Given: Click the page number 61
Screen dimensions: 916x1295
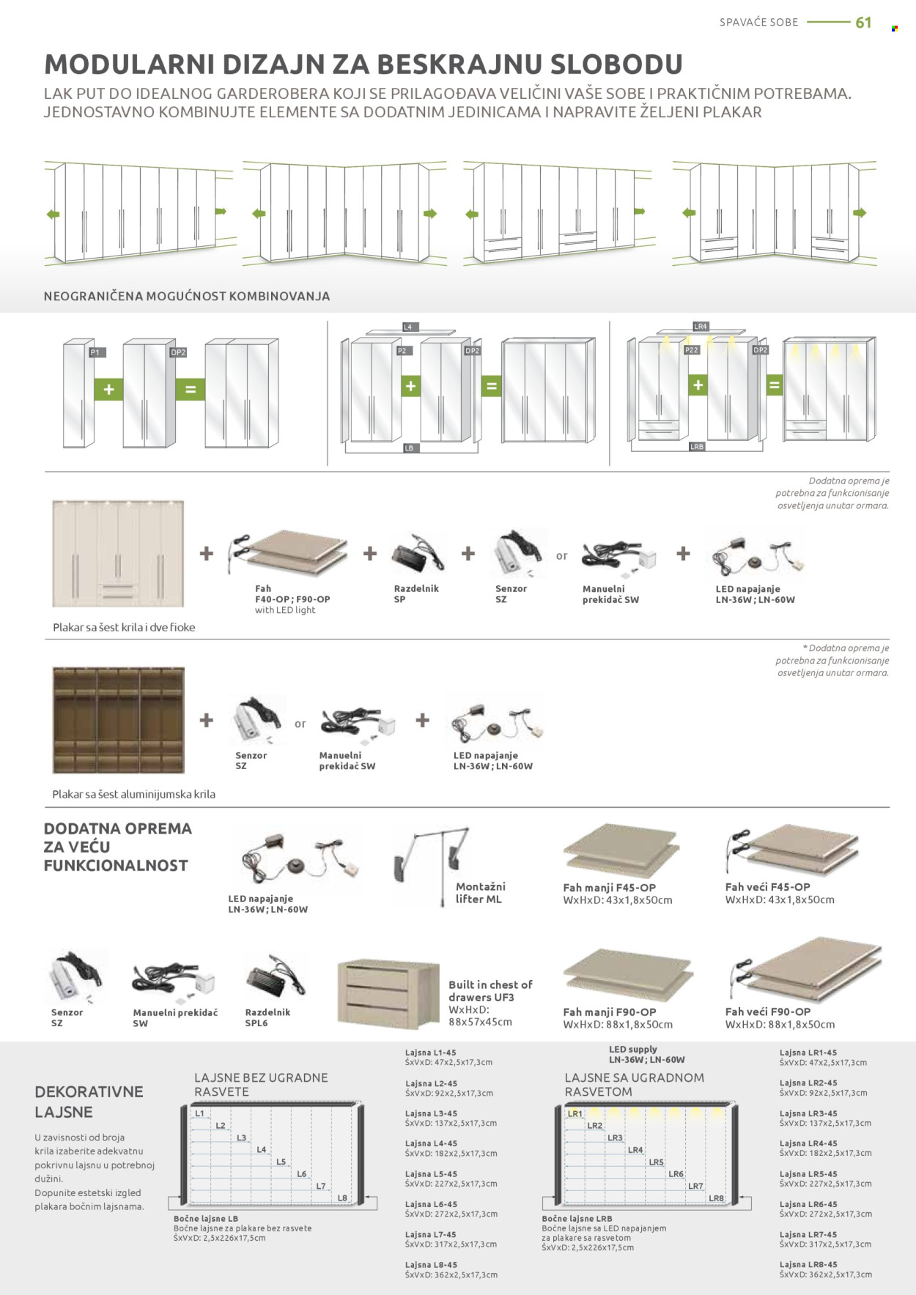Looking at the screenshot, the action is tap(863, 23).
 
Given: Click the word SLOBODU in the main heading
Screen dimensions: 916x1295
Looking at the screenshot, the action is tap(616, 64).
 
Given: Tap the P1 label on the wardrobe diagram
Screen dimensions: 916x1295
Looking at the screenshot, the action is tap(95, 352).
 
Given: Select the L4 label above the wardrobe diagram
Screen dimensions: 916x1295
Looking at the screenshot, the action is tap(407, 327).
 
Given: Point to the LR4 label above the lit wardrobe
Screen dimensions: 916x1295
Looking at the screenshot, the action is tap(701, 326).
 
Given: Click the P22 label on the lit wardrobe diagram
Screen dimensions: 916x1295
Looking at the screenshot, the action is tap(691, 350).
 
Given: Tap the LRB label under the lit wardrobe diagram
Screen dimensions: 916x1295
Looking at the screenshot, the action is tap(696, 446).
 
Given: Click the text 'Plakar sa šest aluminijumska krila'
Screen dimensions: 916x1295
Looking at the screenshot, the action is tap(133, 794).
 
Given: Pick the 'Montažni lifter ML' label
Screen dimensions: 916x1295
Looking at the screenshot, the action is tap(481, 893).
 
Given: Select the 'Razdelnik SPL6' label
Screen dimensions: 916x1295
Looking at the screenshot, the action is tap(267, 1017).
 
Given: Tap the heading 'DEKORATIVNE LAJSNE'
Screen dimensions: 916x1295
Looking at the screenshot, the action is tap(89, 1102).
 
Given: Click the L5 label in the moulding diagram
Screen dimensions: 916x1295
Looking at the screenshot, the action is tap(281, 1162).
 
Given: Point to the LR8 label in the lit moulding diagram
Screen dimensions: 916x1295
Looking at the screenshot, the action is tap(716, 1198).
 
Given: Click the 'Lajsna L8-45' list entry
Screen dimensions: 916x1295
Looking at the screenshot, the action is tap(431, 1265).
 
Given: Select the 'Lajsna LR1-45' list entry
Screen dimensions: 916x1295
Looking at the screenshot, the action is tap(808, 1053).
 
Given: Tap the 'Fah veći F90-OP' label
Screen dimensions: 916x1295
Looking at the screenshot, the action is tap(768, 1012).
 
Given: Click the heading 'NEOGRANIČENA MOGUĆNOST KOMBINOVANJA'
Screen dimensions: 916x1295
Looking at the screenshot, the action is tap(187, 297).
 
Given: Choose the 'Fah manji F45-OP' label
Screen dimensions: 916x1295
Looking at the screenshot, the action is tap(610, 887).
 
